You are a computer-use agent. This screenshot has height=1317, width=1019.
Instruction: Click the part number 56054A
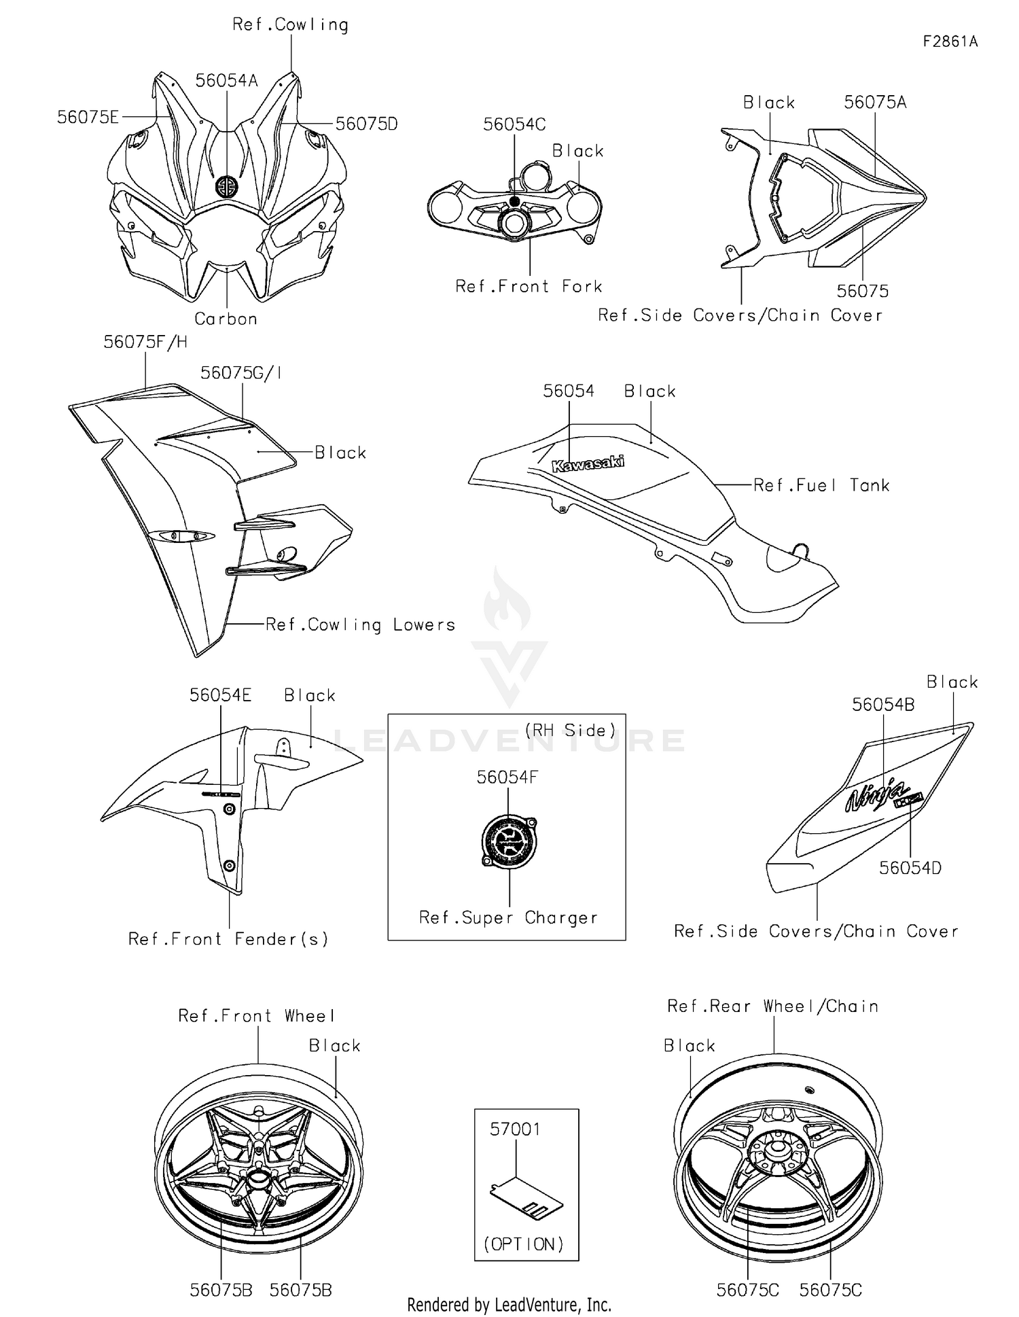(x=226, y=81)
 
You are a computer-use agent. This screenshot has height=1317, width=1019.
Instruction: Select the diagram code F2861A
(x=950, y=42)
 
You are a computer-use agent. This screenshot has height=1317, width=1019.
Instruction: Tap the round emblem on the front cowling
(x=226, y=187)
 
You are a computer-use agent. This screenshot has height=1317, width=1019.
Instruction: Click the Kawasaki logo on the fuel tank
(x=588, y=464)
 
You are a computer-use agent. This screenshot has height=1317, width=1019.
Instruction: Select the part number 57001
(x=515, y=1129)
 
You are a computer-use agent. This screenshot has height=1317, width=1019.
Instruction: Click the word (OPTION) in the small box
(x=524, y=1244)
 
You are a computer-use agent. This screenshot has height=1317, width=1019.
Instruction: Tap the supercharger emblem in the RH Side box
(x=509, y=841)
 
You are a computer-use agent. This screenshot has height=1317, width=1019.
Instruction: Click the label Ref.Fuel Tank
(x=821, y=485)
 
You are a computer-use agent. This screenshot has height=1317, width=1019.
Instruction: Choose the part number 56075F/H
(x=145, y=342)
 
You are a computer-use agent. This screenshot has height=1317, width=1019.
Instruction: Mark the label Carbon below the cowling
(x=226, y=319)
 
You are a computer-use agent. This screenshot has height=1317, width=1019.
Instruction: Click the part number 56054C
(x=514, y=124)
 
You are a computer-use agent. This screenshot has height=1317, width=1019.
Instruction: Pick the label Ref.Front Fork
(x=529, y=287)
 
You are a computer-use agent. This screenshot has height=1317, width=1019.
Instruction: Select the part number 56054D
(x=910, y=868)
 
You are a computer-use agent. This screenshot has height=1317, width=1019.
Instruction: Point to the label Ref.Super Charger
(x=508, y=917)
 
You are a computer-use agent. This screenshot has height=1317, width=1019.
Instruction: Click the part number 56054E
(x=220, y=695)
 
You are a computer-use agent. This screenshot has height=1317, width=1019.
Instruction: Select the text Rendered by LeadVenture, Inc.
(x=509, y=1304)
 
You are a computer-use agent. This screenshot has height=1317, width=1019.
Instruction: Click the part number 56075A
(x=875, y=103)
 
